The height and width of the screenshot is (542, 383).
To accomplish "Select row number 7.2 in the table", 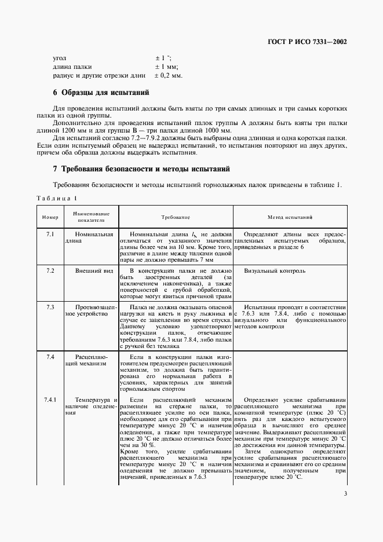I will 50,270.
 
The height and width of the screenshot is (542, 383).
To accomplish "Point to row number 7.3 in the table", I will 50,306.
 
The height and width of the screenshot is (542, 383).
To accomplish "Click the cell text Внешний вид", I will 91,270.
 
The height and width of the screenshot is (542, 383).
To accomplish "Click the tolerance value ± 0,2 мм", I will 168,75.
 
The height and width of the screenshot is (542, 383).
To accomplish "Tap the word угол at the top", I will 60,58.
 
